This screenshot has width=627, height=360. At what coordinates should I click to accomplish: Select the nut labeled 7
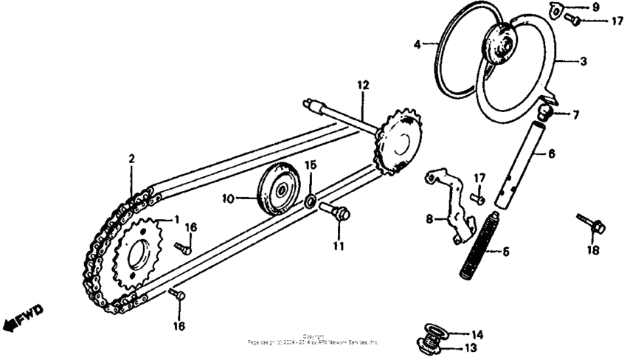[x=547, y=112]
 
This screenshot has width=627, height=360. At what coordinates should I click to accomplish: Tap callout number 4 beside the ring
[x=417, y=45]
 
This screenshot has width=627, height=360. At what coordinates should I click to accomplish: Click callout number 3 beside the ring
[x=583, y=62]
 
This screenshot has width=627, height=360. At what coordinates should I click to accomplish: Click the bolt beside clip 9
[x=573, y=21]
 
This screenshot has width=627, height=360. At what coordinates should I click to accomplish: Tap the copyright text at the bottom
[x=313, y=340]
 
